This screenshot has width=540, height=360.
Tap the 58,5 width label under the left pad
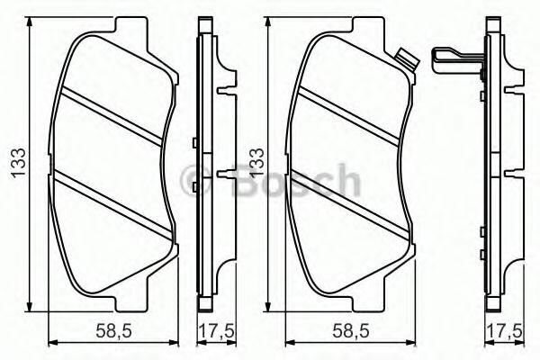click(x=112, y=329)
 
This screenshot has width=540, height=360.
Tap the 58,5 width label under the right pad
click(x=350, y=329)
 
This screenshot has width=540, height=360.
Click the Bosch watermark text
click(x=298, y=184)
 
